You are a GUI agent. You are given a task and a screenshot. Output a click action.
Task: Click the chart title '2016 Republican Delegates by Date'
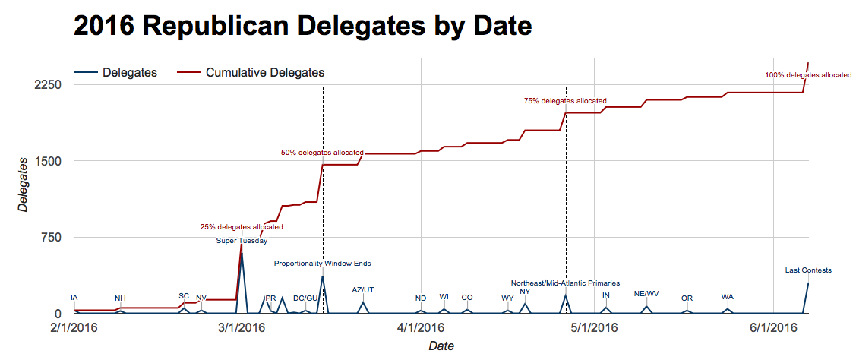(302, 26)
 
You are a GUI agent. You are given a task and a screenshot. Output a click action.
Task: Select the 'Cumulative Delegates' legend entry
(265, 73)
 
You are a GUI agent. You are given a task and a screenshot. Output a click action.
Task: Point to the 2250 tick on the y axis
(46, 84)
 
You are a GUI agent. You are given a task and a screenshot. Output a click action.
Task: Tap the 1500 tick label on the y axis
(46, 161)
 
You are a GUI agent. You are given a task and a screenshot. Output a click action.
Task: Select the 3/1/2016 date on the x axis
(242, 328)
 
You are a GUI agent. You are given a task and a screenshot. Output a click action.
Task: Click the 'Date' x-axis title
(441, 346)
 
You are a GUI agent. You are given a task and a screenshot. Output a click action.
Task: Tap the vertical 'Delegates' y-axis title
(24, 185)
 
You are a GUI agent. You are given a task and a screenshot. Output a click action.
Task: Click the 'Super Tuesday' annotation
(242, 241)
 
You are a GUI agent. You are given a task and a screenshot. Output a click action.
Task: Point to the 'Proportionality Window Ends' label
(323, 264)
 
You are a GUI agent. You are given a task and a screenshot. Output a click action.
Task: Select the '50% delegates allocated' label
(322, 153)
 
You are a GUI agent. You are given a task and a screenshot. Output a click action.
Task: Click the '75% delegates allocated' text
(565, 100)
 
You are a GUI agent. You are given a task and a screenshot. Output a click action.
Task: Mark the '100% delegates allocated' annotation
(808, 75)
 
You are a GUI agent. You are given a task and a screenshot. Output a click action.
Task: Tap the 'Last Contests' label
(808, 270)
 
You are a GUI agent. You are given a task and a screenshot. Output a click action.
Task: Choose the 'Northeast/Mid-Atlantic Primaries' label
(565, 283)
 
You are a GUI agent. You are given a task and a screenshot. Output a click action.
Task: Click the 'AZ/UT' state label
(363, 289)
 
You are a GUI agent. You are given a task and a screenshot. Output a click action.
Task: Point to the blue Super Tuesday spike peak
(242, 253)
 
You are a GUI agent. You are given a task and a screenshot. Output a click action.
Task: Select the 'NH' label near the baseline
(120, 298)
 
